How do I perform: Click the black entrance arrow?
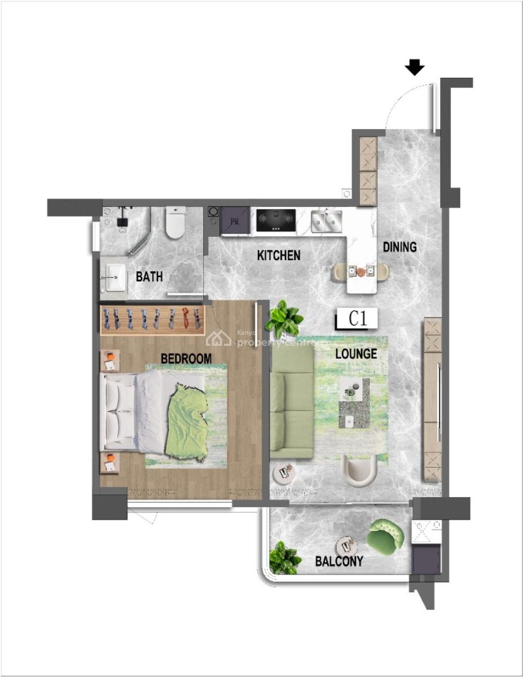pos(415,68)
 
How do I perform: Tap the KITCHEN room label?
pos(279,256)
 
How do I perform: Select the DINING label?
pos(399,247)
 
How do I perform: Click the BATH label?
pos(150,276)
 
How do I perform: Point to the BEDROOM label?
pos(186,358)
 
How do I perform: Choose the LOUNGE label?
pos(356,354)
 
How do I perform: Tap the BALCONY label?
pos(339,561)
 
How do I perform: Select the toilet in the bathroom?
pos(175,222)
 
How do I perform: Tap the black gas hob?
pos(276,221)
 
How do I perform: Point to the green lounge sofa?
pos(292,402)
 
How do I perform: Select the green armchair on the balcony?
pos(385,537)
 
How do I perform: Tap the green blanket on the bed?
pos(187,420)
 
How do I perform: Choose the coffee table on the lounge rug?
pos(353,404)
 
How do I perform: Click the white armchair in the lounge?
pos(359,471)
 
